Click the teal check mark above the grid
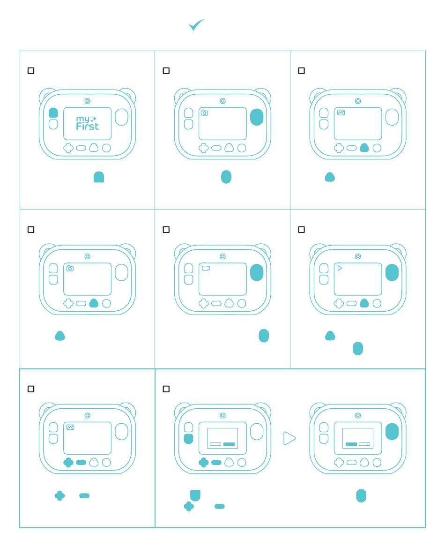pos(196,25)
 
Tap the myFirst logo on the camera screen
pos(87,123)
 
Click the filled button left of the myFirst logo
pos(53,112)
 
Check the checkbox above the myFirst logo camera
pos(31,71)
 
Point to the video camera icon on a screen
pos(206,268)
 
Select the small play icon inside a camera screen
pos(340,268)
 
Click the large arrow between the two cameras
pos(289,439)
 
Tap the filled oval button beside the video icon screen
pos(257,272)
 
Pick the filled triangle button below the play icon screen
pos(364,303)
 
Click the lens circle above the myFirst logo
pos(87,101)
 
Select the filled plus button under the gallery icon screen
pos(68,463)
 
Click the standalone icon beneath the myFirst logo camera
pos(99,177)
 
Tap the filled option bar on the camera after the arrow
pos(351,444)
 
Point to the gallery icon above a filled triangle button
pos(341,112)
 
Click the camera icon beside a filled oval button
pos(204,112)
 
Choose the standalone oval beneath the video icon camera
pos(264,336)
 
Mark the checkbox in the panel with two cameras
pos(166,389)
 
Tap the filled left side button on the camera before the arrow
pos(188,439)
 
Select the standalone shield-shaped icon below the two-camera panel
pos(195,495)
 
